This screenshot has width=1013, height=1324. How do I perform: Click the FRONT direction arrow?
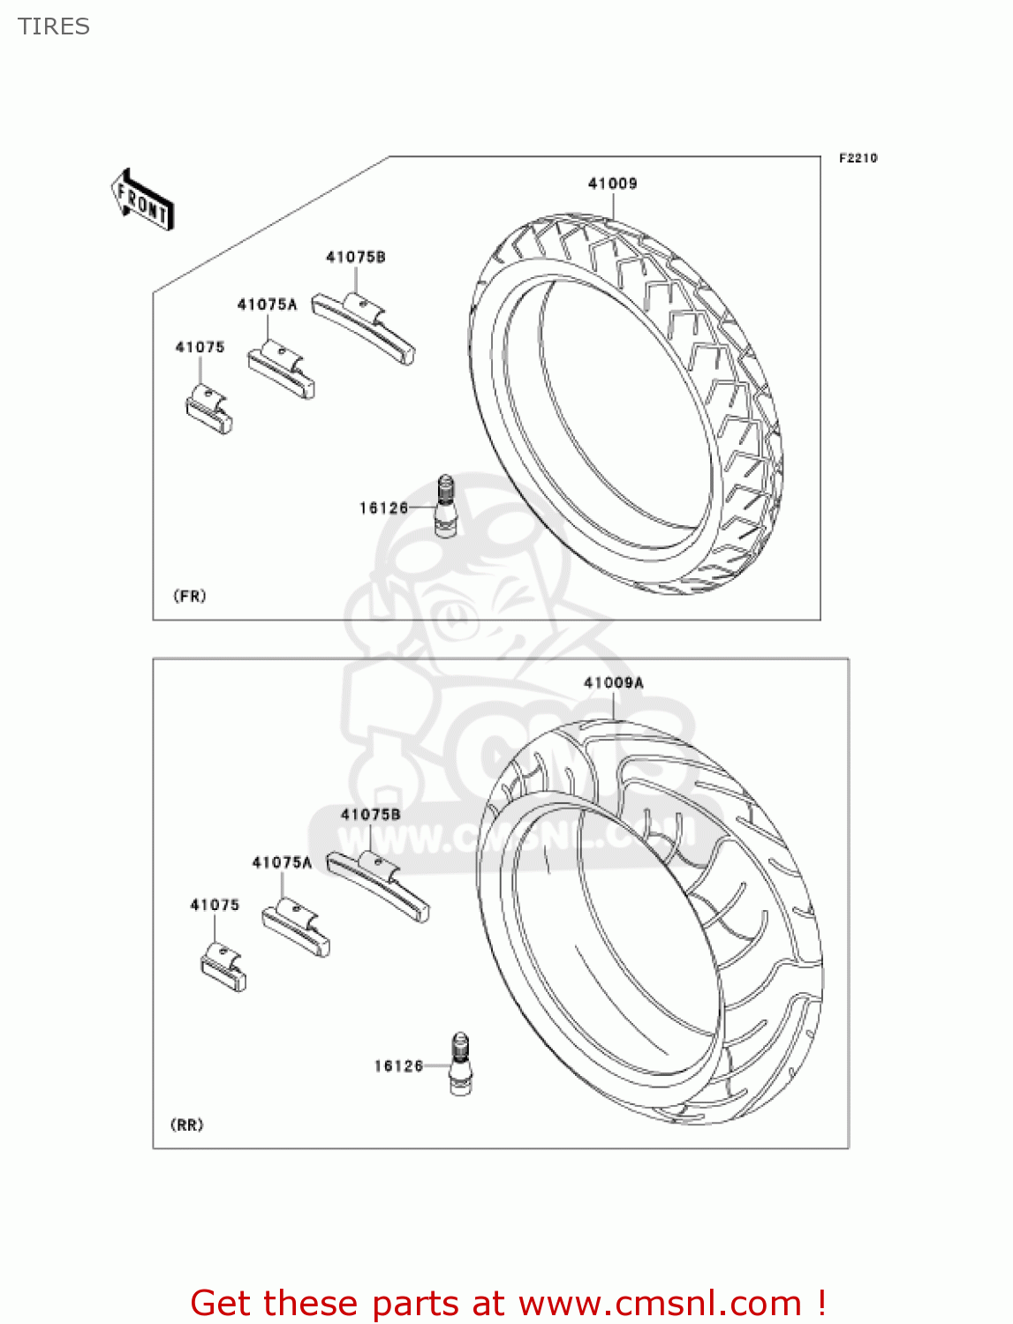pos(142,200)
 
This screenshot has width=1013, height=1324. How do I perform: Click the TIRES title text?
pos(54,26)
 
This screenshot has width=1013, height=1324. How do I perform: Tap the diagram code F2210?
pos(858,158)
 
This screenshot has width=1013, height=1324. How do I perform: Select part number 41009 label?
pos(612,184)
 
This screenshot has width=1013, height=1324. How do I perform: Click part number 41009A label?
pos(613,682)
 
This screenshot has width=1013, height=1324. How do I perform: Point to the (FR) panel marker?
pos(190,596)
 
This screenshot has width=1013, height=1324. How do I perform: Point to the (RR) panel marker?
pos(186,1125)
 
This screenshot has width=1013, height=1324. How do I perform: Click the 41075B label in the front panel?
pos(355,257)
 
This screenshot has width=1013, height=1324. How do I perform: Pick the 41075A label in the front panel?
pos(267,305)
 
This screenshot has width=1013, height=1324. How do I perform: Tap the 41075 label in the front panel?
pos(200,347)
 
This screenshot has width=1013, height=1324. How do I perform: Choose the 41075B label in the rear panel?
pos(370,814)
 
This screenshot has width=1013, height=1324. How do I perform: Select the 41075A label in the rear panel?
pos(282,862)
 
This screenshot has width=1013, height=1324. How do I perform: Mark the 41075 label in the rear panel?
pos(215,905)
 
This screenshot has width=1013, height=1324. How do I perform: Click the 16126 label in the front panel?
pos(383,508)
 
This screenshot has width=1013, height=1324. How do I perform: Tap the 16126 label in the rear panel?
pos(398,1066)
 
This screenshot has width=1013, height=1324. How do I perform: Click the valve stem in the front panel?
pos(445,506)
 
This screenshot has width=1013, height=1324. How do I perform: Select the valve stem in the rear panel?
pos(460,1064)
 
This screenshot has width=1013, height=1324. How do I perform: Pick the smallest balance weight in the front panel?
pos(208,412)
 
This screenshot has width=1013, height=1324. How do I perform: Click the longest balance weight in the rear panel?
pos(379,884)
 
